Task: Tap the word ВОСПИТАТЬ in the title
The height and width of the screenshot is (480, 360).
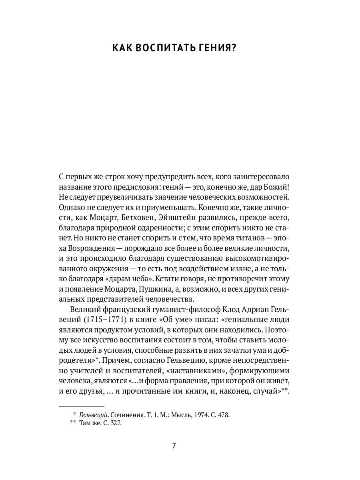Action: click(160, 48)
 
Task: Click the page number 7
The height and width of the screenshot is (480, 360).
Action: click(174, 446)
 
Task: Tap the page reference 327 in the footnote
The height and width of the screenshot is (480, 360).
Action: click(115, 423)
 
